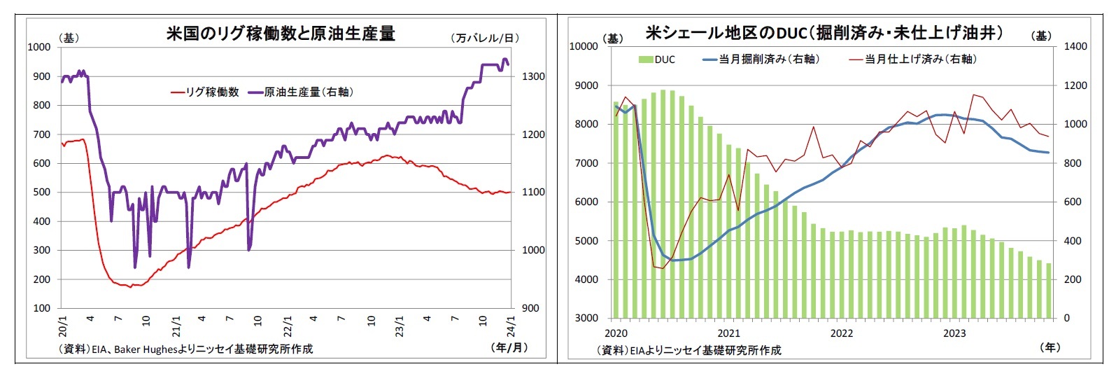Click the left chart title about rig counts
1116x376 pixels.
tap(281, 33)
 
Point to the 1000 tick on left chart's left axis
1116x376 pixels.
tap(39, 47)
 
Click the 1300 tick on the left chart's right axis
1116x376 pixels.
tap(533, 76)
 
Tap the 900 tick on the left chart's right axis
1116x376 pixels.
tap(530, 308)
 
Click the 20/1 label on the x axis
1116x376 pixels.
tap(62, 326)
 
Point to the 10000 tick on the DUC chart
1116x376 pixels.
tap(584, 46)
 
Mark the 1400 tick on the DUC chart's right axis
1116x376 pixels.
tap(1075, 46)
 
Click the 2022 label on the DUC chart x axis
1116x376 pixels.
tap(841, 333)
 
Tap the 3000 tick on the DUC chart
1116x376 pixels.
tap(586, 318)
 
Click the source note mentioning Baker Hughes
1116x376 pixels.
tap(186, 349)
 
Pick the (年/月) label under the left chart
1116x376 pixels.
tap(509, 347)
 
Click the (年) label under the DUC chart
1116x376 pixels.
tap(1050, 347)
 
